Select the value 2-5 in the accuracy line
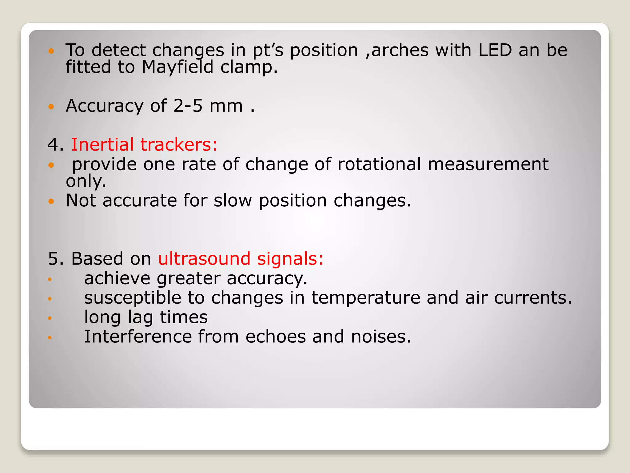tap(188, 106)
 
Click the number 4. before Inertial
tap(55, 144)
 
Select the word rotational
tap(379, 164)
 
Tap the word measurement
tap(488, 164)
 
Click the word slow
tap(233, 200)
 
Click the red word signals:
tap(290, 258)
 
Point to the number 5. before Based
tap(56, 258)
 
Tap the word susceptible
tap(133, 298)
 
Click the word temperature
tap(365, 298)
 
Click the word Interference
tap(138, 337)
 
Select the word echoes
tap(275, 337)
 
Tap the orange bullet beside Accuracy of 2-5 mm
tap(51, 107)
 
